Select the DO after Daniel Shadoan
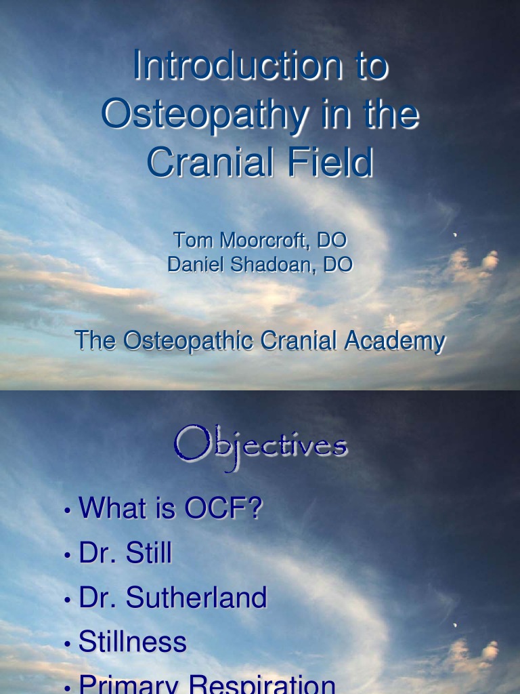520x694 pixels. (338, 264)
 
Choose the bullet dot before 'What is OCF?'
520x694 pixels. (68, 511)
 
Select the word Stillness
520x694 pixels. (133, 642)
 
